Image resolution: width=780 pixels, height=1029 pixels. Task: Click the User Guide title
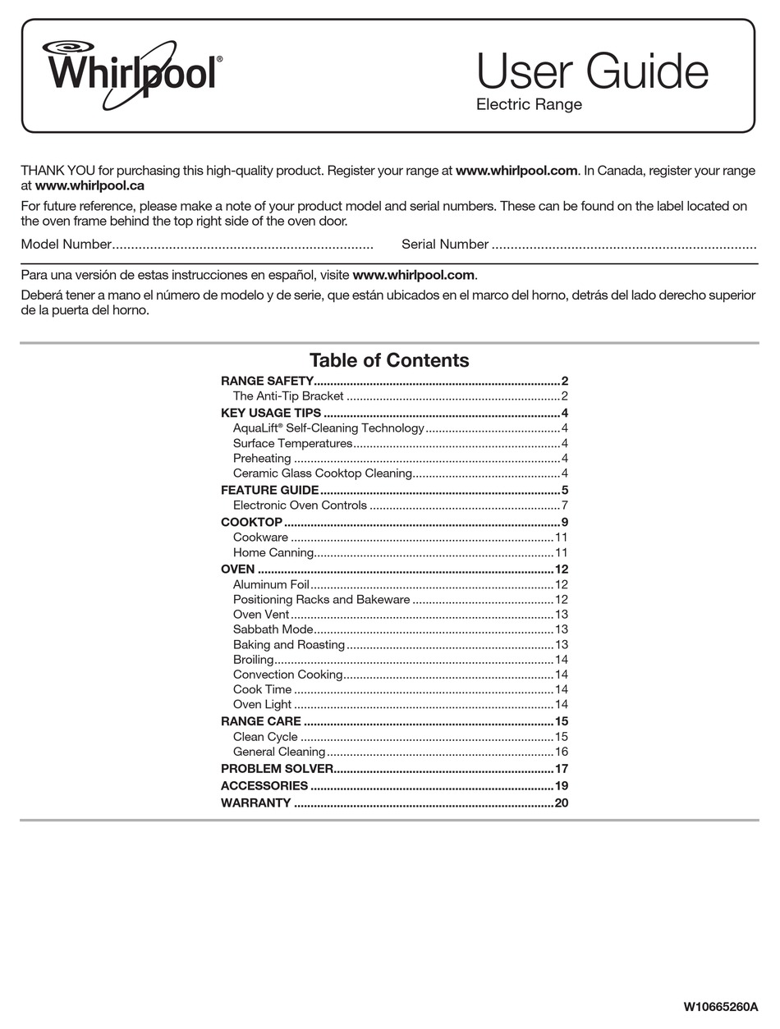591,72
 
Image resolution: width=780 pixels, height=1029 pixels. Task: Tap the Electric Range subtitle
529,105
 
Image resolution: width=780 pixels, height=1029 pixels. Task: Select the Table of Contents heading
389,360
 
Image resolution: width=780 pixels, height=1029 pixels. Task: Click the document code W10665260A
720,1006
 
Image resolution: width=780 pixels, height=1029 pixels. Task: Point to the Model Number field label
66,244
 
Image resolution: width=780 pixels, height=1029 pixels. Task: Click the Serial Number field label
445,244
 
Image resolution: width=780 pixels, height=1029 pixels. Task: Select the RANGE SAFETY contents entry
267,381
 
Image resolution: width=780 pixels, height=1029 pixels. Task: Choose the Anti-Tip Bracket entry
288,396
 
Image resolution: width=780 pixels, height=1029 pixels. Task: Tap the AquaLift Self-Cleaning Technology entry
328,428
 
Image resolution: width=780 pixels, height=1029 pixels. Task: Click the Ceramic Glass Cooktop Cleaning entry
323,473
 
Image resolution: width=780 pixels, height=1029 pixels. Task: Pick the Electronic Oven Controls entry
300,505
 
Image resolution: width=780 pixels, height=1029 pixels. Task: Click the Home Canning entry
273,553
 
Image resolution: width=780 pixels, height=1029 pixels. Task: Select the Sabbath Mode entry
273,629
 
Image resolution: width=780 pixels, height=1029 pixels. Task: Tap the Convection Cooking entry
287,675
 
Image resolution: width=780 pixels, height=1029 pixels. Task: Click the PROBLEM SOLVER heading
277,769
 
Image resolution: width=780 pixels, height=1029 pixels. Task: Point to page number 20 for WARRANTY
562,803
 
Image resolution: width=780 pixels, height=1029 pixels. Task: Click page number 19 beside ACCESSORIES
562,786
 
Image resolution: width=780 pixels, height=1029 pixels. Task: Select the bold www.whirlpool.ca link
89,185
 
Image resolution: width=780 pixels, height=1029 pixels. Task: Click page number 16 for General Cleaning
562,752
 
